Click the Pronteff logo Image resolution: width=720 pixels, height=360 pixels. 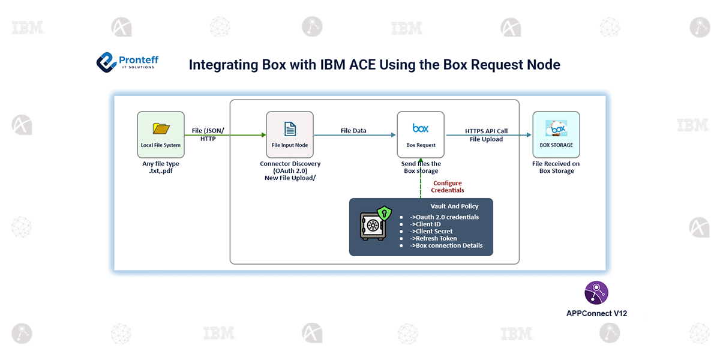pos(128,62)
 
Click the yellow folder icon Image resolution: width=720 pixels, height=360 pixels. pos(161,128)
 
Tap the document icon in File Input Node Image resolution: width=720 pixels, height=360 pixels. pos(290,129)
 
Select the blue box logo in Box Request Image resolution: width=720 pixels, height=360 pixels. pos(421,128)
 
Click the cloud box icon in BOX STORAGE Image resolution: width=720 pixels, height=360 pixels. pos(556,128)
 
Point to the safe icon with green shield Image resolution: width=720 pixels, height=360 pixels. pos(376,223)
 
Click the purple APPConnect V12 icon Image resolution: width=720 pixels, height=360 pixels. pos(596,293)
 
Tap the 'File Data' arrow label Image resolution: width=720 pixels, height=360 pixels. pos(353,131)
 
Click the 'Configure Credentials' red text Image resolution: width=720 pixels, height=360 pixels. pos(448,187)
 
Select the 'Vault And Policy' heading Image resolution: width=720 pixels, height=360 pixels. pos(455,206)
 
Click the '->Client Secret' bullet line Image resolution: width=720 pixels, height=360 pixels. pos(431,231)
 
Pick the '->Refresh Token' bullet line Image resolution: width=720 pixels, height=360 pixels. pos(433,238)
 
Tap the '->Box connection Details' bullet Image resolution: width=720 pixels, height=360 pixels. pos(446,245)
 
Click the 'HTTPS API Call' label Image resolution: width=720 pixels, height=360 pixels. pos(487,131)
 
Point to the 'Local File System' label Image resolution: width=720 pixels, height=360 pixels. pos(161,145)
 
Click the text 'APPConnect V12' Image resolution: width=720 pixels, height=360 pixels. pos(596,313)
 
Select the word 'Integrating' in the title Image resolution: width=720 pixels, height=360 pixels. pos(223,65)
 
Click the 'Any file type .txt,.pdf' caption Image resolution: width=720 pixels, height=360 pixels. pos(161,167)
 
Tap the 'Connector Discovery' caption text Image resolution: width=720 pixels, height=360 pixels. pos(290,164)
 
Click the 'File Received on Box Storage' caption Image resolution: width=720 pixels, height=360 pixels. pos(556,167)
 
